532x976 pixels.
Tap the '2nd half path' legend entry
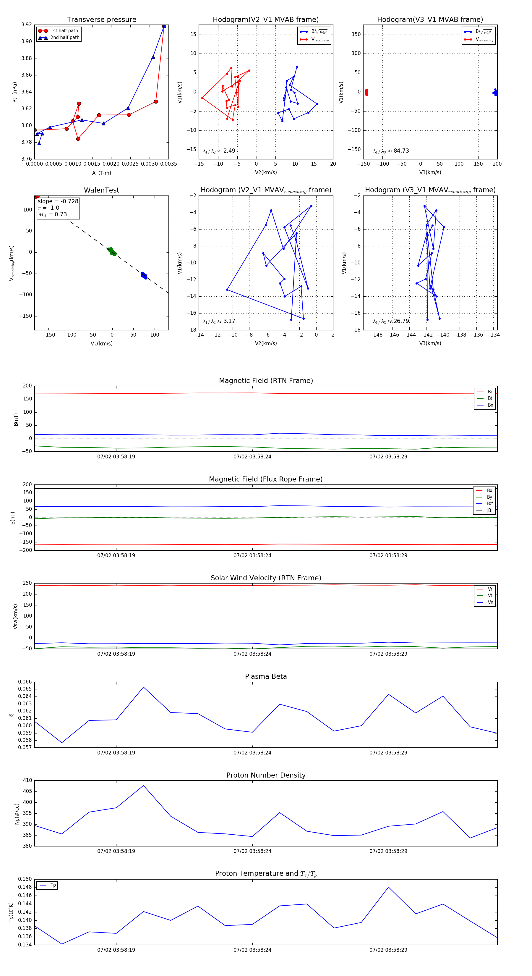tap(65, 38)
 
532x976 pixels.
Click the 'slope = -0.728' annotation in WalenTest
tap(58, 201)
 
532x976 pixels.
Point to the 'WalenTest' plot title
tap(101, 190)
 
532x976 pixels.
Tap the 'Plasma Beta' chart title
tap(266, 676)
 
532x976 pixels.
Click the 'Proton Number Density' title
tap(266, 775)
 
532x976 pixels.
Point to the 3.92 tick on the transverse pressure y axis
tap(27, 25)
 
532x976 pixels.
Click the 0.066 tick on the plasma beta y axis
tap(25, 682)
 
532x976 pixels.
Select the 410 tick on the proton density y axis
tap(28, 781)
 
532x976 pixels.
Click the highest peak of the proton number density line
tap(143, 786)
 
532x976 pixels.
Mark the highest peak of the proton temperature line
tap(388, 887)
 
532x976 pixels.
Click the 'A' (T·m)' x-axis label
tap(101, 173)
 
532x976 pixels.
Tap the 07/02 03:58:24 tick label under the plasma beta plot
tap(252, 752)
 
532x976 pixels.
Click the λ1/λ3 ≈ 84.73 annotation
tap(391, 151)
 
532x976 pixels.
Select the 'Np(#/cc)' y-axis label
tap(17, 813)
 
